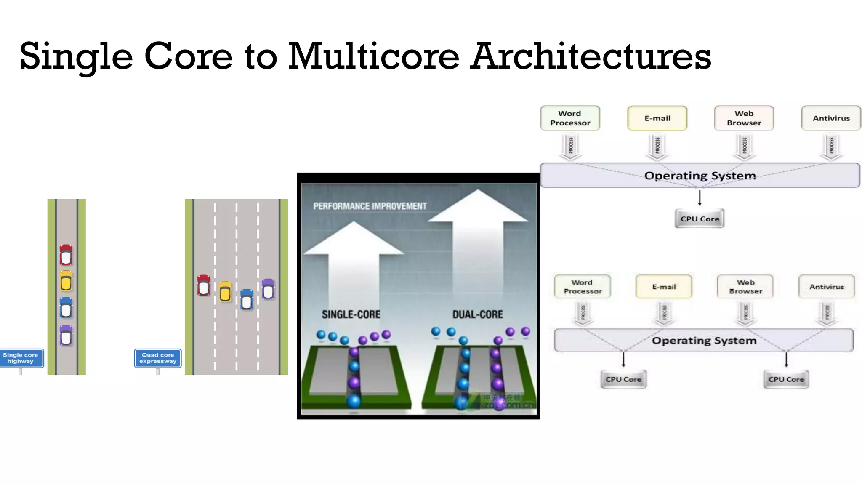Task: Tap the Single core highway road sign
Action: click(x=21, y=358)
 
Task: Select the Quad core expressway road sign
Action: click(x=158, y=358)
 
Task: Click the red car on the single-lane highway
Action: click(x=66, y=255)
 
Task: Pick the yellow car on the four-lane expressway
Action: click(x=225, y=291)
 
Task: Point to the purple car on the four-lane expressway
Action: click(x=268, y=289)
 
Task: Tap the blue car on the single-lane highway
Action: click(x=66, y=308)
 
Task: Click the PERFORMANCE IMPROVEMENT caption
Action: click(x=370, y=206)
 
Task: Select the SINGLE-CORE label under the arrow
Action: click(x=351, y=314)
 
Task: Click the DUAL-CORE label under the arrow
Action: click(x=477, y=314)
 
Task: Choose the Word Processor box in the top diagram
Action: click(x=570, y=118)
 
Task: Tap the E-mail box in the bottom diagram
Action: click(x=664, y=287)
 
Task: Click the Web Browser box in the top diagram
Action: click(x=744, y=118)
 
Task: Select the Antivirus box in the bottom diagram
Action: click(x=827, y=287)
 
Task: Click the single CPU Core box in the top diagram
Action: click(x=700, y=219)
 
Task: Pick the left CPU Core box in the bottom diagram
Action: click(x=623, y=379)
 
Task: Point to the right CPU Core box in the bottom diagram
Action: click(x=786, y=379)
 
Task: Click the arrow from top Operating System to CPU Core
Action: click(x=700, y=198)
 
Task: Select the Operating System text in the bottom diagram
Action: click(x=704, y=341)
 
